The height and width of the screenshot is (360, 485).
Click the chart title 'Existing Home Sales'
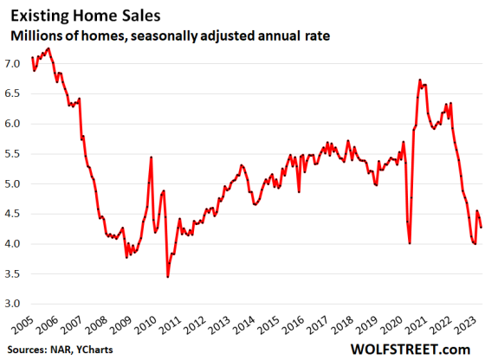(81, 15)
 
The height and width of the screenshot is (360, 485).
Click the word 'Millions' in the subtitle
(38, 35)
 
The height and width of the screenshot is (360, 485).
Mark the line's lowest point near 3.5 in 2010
(167, 277)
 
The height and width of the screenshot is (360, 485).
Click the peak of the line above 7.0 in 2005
(48, 48)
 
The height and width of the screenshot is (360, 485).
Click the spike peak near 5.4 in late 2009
(152, 157)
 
